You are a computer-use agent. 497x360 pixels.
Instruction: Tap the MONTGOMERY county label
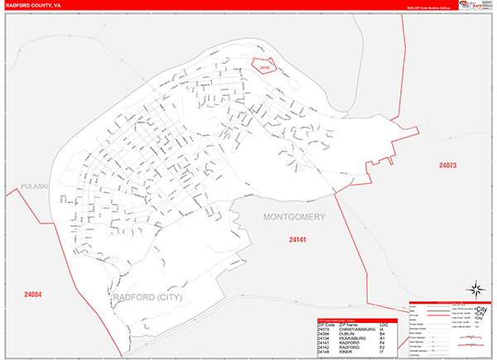pyautogui.click(x=295, y=217)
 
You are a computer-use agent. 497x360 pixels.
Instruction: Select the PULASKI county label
pyautogui.click(x=36, y=186)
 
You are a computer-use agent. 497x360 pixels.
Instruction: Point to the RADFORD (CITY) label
pyautogui.click(x=148, y=296)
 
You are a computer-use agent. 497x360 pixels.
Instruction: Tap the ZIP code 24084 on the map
pyautogui.click(x=34, y=294)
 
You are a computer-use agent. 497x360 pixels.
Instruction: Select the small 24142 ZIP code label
pyautogui.click(x=264, y=66)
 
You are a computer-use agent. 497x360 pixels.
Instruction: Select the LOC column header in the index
pyautogui.click(x=384, y=324)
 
